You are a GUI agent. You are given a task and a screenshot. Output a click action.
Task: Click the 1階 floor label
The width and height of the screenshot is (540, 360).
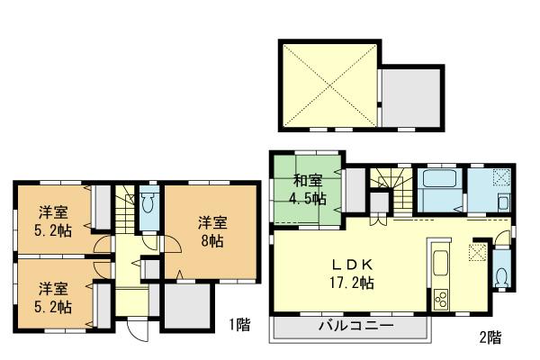tap(238, 325)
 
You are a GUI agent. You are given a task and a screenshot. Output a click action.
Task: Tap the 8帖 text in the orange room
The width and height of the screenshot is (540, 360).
tap(212, 241)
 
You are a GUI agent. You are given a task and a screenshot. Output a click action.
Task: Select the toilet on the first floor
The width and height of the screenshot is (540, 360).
tap(148, 202)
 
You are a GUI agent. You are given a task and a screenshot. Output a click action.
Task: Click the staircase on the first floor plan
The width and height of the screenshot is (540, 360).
tap(105, 216)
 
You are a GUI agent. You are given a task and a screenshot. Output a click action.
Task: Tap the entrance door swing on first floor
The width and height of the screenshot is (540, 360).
tap(135, 330)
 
